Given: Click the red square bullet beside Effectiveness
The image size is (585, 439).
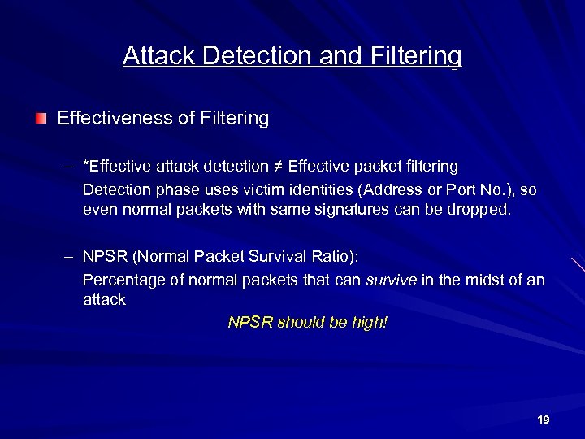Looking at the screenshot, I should [41, 119].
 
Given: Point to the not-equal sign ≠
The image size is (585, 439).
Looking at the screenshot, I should [277, 167].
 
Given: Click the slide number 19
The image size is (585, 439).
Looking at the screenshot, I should [544, 419].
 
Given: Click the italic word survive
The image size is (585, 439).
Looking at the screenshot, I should [391, 280].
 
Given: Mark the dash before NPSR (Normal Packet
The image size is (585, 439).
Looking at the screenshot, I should [71, 257].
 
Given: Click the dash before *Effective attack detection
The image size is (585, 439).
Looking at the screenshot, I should [71, 167].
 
